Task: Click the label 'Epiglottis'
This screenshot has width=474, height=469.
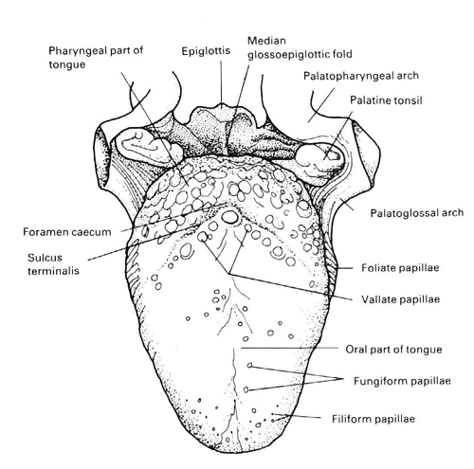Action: point(206,51)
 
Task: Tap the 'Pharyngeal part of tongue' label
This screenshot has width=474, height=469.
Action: point(96,58)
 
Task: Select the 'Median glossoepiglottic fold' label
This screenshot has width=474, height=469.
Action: point(300,47)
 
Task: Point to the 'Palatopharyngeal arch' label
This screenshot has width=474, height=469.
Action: point(361,76)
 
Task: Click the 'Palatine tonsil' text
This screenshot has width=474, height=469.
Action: point(386,100)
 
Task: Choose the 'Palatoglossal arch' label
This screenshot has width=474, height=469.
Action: point(417,213)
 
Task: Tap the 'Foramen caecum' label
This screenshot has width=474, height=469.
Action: point(67,232)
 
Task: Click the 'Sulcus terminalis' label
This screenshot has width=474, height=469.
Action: point(53,264)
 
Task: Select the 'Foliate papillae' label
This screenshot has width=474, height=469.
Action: point(400,268)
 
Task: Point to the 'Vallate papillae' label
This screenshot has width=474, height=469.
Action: point(400,299)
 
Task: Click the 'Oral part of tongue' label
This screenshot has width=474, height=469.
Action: point(393,350)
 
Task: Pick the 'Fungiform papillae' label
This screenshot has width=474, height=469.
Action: point(402,381)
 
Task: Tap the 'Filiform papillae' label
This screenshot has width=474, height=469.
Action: point(374,419)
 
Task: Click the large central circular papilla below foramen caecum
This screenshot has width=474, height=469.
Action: point(229,217)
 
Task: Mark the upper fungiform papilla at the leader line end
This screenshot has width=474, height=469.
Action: point(249,366)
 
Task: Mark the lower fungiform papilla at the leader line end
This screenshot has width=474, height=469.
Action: point(246,389)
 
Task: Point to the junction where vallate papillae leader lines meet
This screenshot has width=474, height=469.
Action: point(228,273)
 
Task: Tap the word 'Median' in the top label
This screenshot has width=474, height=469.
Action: point(266,41)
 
